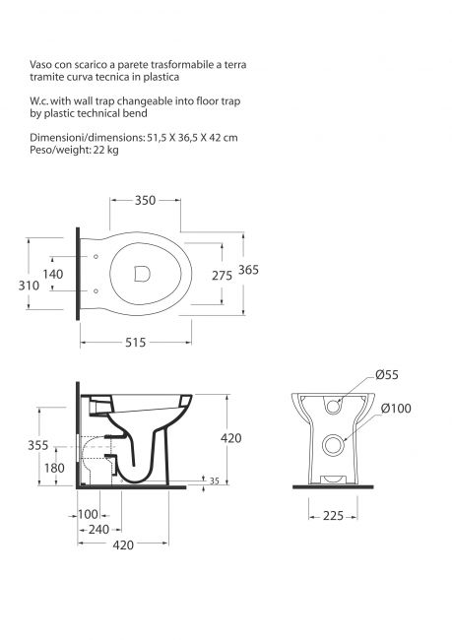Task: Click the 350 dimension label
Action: point(146,201)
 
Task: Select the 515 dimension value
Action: point(135,343)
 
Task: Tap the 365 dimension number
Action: point(249,270)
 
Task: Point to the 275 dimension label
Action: point(222,276)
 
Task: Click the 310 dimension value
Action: point(29,286)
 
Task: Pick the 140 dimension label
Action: point(53,274)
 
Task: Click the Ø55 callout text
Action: point(387,375)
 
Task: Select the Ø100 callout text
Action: point(396,409)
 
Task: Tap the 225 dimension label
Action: point(333,516)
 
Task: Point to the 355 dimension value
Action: point(38,445)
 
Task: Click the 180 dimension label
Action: point(54,468)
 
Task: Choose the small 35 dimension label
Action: point(215,481)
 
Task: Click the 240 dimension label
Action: point(98,530)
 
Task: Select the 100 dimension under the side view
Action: point(89,514)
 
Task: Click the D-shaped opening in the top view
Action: point(142,274)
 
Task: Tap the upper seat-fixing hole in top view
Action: point(96,256)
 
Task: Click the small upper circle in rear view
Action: point(334,407)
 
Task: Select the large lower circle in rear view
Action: point(333,445)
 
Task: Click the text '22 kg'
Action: point(105,150)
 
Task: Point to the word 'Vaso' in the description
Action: point(40,64)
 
